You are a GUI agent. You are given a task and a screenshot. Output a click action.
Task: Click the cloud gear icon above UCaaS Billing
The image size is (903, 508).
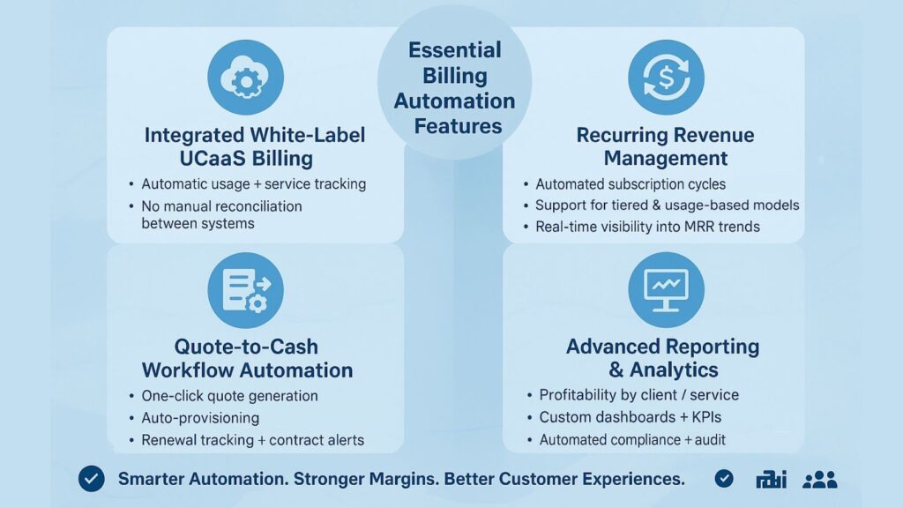(245, 78)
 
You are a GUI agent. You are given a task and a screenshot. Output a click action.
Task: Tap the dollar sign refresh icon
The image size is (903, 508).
(666, 78)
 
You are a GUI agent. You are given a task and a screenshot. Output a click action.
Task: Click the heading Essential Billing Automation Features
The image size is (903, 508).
(454, 88)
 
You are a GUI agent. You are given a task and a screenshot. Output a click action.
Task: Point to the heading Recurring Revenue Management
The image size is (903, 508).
(666, 146)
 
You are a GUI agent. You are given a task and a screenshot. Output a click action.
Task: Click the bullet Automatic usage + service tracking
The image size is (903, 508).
(253, 184)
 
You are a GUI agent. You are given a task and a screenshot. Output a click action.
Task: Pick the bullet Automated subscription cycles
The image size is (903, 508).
(631, 184)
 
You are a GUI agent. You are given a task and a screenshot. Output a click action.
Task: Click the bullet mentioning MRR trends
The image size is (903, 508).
(647, 227)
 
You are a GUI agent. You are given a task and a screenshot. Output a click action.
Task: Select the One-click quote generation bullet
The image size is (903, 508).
(229, 396)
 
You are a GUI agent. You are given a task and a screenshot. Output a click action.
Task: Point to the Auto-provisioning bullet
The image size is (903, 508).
(200, 418)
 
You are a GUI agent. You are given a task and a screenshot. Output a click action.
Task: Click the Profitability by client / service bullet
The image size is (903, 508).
(638, 395)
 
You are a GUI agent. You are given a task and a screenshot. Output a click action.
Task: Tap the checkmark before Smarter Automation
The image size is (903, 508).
(91, 479)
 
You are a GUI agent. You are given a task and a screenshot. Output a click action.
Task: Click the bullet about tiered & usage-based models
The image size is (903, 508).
(667, 205)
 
